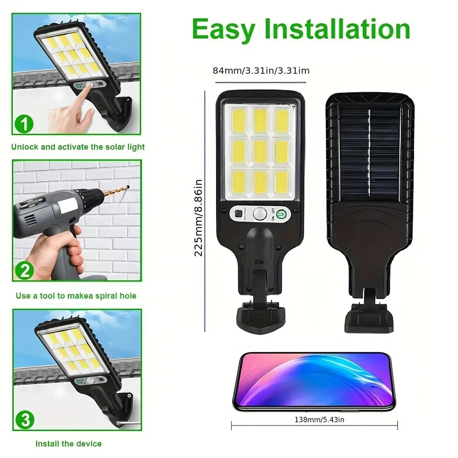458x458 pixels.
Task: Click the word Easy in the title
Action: coord(224,29)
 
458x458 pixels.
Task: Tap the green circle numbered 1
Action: coord(23,124)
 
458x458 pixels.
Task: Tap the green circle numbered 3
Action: coord(23,420)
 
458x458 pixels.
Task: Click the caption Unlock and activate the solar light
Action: coord(78,147)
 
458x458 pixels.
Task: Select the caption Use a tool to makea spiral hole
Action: coord(76,296)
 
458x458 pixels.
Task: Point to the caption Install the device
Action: coord(69,443)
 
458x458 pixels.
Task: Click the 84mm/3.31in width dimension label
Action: coord(261,71)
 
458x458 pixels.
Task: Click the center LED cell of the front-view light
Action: coord(260,151)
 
